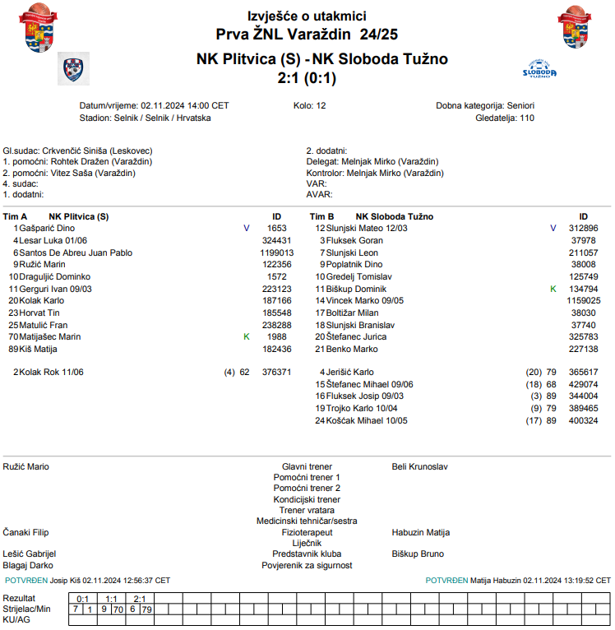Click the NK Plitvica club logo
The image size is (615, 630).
(x=73, y=69)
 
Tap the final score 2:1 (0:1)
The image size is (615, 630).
(x=307, y=79)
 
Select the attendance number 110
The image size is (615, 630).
(x=526, y=118)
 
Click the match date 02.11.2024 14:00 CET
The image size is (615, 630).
(x=185, y=106)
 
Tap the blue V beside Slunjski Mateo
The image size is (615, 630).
(x=553, y=228)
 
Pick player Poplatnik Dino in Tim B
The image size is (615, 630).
(x=354, y=265)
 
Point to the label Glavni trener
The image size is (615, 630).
(x=307, y=467)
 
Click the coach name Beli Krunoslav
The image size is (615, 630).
(x=419, y=467)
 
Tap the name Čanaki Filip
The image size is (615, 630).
(x=26, y=532)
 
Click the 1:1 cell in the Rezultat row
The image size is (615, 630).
(x=111, y=599)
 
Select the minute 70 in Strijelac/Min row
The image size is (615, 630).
(x=118, y=609)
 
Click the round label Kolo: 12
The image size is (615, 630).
(x=310, y=106)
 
